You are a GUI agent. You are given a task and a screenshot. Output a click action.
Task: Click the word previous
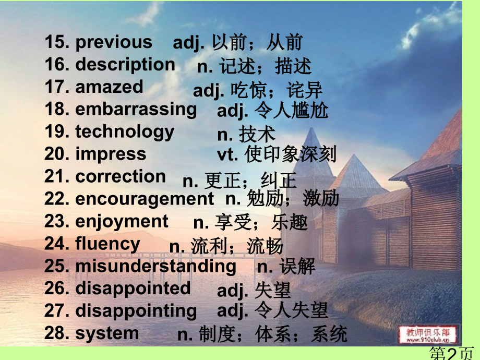point(114,42)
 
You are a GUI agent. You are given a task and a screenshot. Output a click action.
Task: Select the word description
point(125,65)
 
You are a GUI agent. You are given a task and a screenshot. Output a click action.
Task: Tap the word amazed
point(109,87)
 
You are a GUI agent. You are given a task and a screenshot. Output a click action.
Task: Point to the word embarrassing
point(136,110)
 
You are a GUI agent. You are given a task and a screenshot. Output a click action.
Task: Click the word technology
point(125,132)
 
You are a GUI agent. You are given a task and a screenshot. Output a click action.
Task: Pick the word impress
point(111,154)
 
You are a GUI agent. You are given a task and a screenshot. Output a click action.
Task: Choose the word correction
point(121,177)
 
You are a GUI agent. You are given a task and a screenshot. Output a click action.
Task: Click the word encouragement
point(145,199)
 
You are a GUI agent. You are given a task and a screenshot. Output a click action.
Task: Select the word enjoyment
point(122,222)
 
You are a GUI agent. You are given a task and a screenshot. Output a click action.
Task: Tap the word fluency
point(108,244)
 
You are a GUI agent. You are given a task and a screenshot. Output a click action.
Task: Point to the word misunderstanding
point(156,266)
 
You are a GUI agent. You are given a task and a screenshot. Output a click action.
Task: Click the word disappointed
point(133,289)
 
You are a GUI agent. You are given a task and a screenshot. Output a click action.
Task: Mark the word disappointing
point(136,311)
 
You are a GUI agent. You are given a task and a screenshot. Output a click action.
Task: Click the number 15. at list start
point(57,42)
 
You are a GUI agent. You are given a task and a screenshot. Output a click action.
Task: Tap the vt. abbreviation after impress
point(227,154)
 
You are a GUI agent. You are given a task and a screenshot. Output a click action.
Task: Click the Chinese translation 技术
point(257,134)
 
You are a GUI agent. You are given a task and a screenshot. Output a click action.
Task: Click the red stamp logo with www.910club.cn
point(428,335)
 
